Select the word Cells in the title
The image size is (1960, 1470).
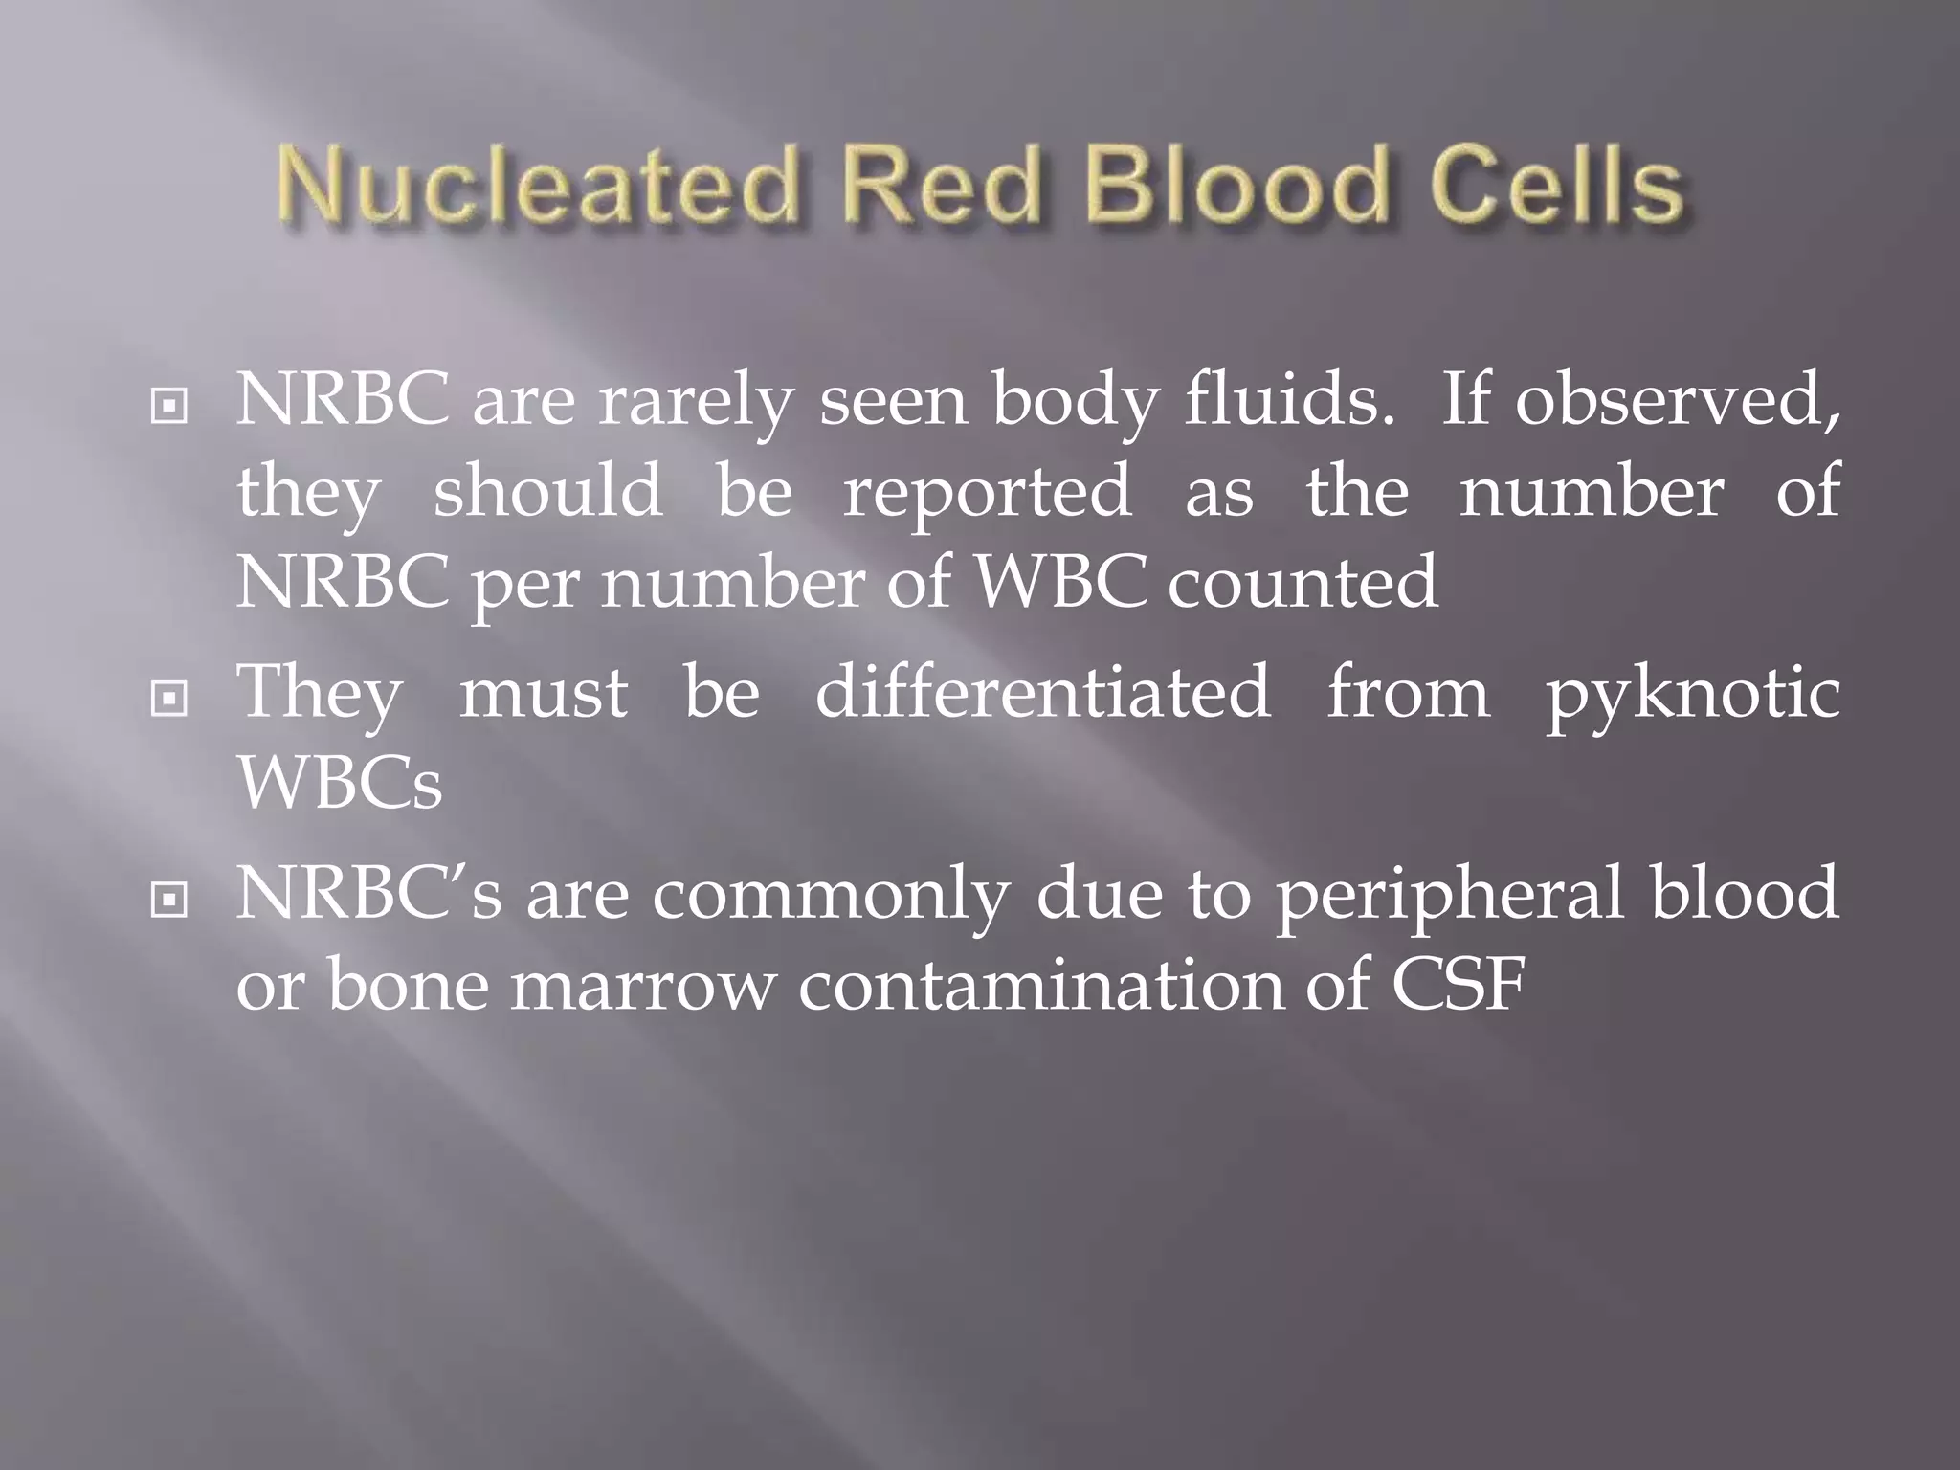pyautogui.click(x=1556, y=187)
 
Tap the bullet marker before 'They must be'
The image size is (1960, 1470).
pyautogui.click(x=169, y=700)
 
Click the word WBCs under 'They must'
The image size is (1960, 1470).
pyautogui.click(x=340, y=782)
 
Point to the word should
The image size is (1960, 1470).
pyautogui.click(x=547, y=491)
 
